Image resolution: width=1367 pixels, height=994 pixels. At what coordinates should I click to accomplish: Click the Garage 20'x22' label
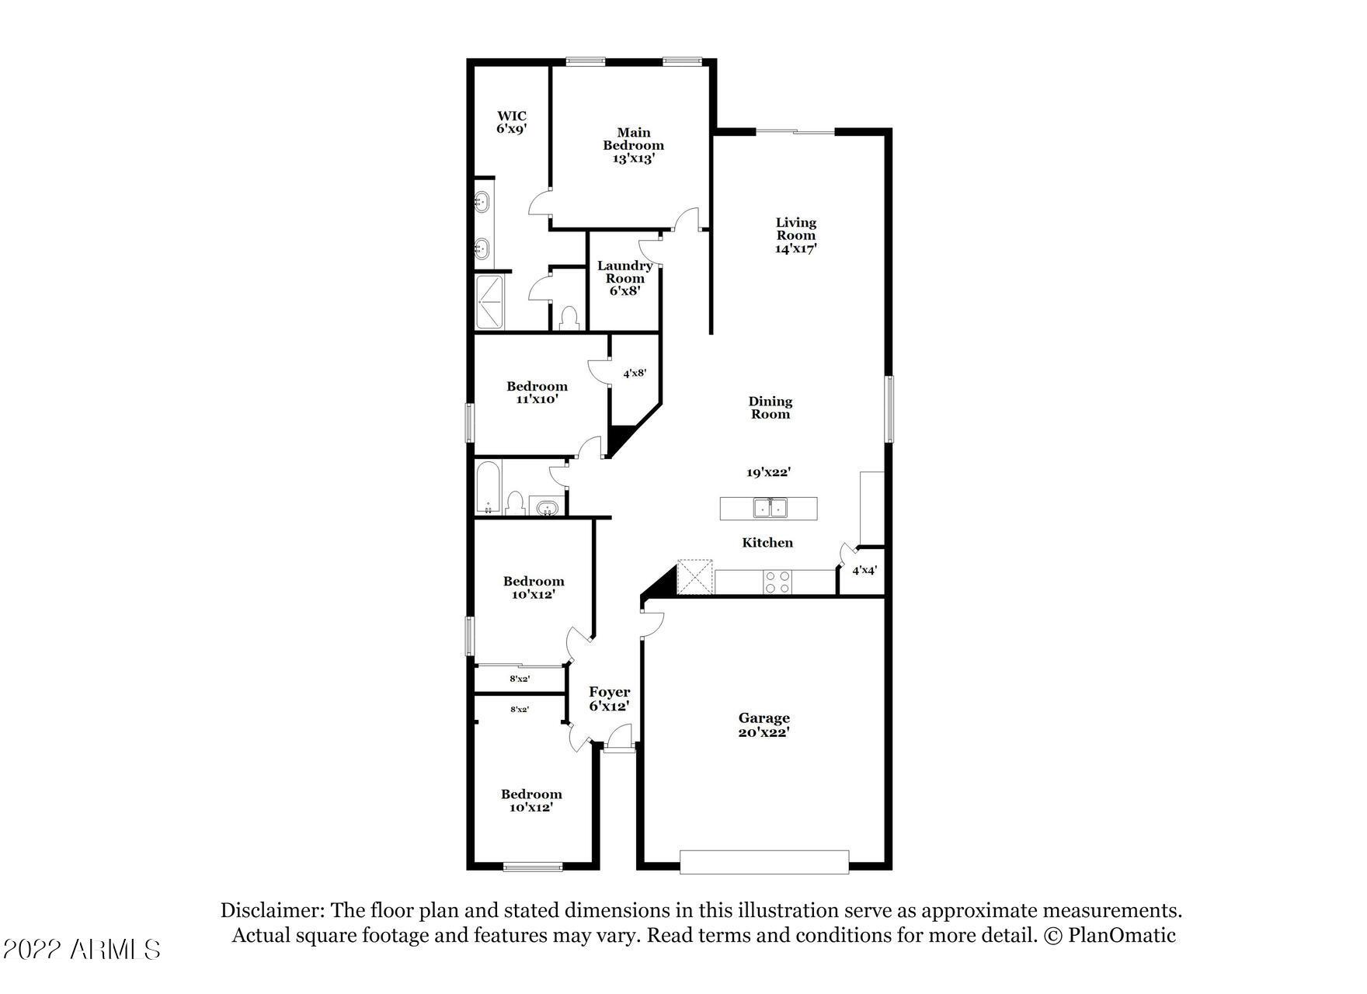pyautogui.click(x=764, y=725)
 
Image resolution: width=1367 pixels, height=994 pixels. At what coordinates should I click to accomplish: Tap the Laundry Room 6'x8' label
pyautogui.click(x=624, y=278)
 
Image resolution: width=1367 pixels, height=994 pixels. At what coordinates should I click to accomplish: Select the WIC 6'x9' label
pyautogui.click(x=512, y=123)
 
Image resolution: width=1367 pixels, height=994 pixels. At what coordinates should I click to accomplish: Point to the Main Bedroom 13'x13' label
pyautogui.click(x=634, y=145)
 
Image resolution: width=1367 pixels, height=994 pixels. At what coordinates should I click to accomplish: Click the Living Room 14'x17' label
pyautogui.click(x=796, y=235)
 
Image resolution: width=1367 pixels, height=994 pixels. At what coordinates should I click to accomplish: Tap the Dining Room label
pyautogui.click(x=770, y=408)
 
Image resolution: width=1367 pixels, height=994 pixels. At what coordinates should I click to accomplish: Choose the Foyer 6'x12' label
pyautogui.click(x=609, y=699)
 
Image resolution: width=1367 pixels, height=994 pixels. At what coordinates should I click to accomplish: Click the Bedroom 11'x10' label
pyautogui.click(x=537, y=393)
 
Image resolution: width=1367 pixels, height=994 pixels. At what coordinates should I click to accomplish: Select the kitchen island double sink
pyautogui.click(x=770, y=509)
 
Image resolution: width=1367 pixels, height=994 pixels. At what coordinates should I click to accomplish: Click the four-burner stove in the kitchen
pyautogui.click(x=778, y=582)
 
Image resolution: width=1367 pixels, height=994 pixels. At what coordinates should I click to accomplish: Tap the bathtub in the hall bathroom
pyautogui.click(x=489, y=487)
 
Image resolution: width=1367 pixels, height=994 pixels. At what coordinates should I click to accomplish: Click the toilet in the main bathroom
pyautogui.click(x=569, y=318)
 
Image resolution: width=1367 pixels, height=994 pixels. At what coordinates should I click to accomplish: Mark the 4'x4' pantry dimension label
pyautogui.click(x=864, y=570)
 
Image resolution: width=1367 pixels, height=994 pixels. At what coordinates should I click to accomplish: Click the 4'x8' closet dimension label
pyautogui.click(x=635, y=373)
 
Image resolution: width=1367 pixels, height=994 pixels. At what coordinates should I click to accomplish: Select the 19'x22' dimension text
pyautogui.click(x=769, y=472)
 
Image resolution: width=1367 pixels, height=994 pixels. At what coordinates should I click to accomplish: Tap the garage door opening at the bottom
pyautogui.click(x=764, y=862)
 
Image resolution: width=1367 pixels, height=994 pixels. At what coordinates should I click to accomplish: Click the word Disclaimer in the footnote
pyautogui.click(x=272, y=911)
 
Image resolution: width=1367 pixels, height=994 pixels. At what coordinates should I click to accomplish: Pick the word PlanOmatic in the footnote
pyautogui.click(x=1122, y=936)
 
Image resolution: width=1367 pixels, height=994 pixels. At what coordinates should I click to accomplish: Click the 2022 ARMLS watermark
pyautogui.click(x=81, y=949)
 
